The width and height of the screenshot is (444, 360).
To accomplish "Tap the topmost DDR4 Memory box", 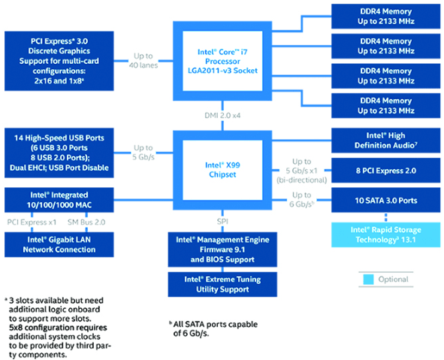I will point(386,16).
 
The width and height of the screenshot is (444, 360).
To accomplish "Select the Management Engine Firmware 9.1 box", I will point(222,249).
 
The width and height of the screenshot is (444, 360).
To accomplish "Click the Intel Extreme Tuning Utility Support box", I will point(222,283).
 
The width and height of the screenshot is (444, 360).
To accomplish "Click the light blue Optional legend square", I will point(368,280).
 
